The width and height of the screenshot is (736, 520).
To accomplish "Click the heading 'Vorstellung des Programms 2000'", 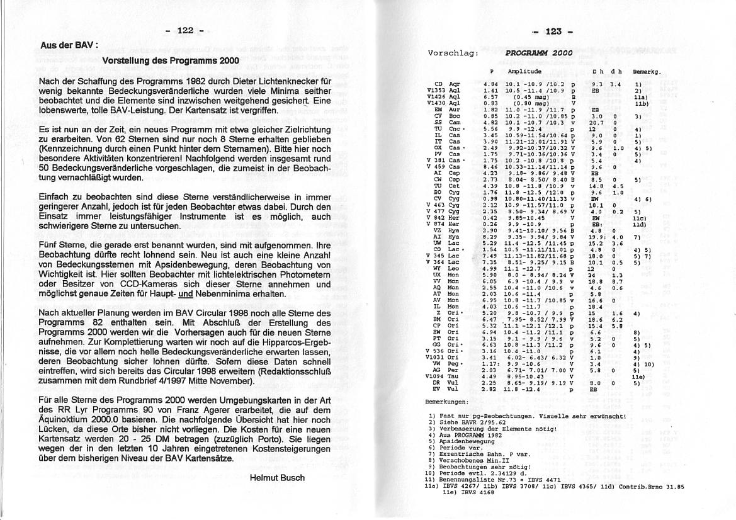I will pos(171,61).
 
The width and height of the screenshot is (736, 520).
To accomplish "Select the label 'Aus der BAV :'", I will pos(69,46).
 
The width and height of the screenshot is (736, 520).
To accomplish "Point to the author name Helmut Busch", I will pos(278,478).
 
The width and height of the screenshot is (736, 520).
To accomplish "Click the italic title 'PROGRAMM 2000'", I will pos(539,54).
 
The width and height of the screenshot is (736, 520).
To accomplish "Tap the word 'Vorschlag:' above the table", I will pos(448,54).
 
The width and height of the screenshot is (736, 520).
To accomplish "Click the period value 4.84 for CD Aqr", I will pos(490,84).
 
